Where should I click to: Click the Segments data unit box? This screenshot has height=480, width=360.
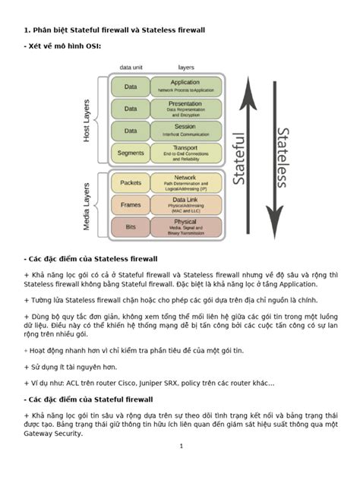click(x=131, y=153)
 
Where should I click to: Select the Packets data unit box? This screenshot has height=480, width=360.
click(x=131, y=182)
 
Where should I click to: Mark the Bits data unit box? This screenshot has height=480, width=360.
click(x=131, y=226)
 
